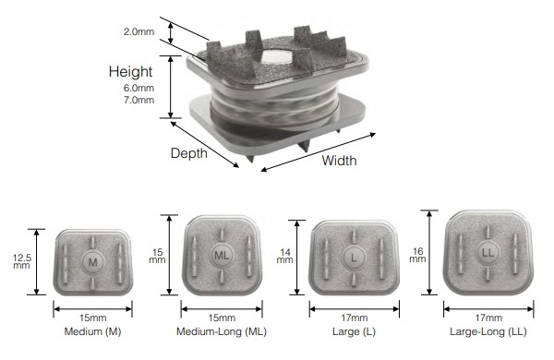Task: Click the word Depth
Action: pos(189,153)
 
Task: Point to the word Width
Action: pos(339,160)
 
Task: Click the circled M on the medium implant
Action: pos(91,262)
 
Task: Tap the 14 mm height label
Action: pos(283,256)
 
